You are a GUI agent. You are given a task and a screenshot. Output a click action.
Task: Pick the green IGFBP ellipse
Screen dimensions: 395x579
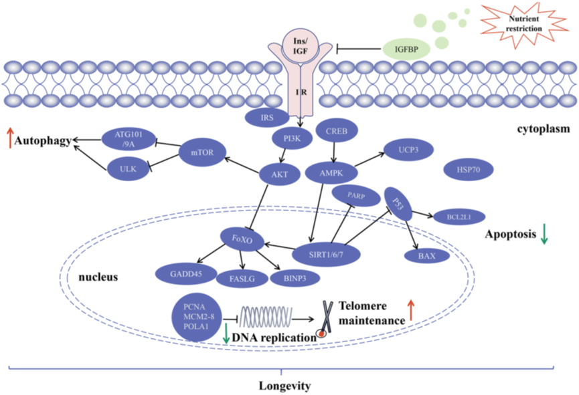406,48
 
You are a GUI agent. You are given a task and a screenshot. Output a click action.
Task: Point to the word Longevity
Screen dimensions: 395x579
284,386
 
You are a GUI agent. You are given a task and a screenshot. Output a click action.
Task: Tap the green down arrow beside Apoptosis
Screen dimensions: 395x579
546,236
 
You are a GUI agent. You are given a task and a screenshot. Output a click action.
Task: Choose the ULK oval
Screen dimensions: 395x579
128,169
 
